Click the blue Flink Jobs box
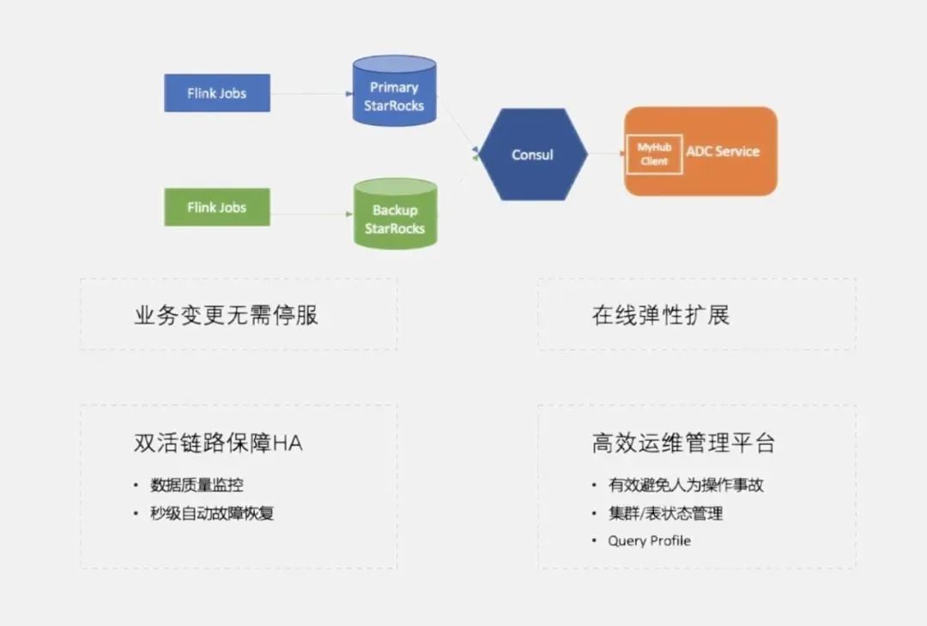click(217, 93)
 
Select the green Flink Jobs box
click(217, 207)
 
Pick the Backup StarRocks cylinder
click(395, 218)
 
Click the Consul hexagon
click(532, 154)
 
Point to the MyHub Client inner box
click(654, 154)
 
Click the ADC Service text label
click(723, 151)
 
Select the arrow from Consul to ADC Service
click(606, 154)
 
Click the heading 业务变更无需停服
click(226, 315)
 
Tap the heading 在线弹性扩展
click(660, 315)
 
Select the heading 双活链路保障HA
click(218, 443)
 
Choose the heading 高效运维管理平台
click(683, 443)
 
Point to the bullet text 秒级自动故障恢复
click(212, 514)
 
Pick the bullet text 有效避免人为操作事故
click(686, 485)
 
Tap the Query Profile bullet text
click(649, 541)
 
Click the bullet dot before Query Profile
click(593, 541)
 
